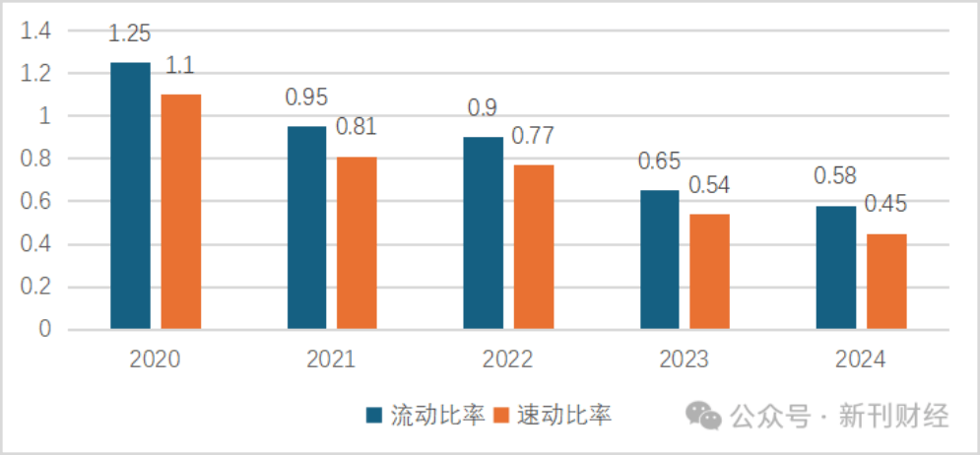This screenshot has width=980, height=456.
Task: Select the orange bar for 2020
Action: [181, 211]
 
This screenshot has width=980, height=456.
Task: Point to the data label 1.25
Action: [129, 33]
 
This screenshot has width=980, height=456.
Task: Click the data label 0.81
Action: [357, 127]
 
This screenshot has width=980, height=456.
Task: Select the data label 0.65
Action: [659, 161]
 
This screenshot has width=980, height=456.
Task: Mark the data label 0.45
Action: [885, 205]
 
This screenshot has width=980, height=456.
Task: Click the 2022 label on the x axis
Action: [508, 359]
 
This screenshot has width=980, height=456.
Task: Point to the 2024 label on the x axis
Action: [861, 359]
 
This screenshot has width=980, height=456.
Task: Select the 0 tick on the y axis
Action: [45, 330]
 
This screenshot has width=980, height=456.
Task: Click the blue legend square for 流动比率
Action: [374, 416]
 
